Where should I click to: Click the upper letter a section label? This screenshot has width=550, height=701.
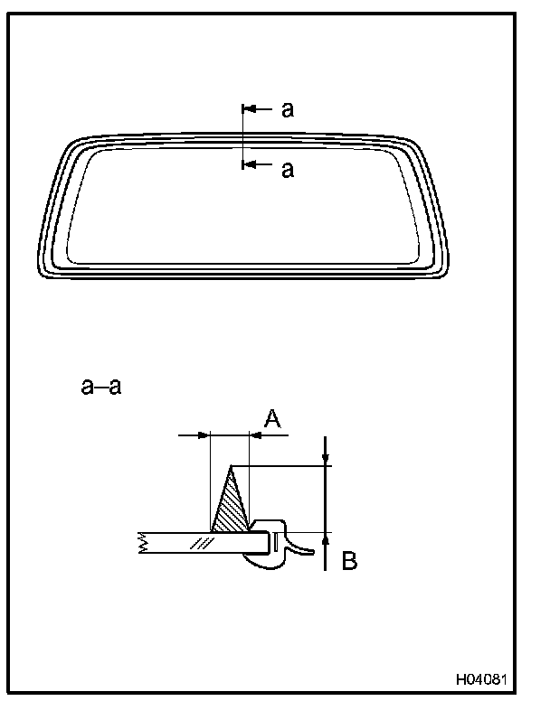click(288, 110)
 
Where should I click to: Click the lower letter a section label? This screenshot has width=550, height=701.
click(288, 171)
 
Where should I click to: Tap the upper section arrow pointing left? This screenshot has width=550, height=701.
click(257, 108)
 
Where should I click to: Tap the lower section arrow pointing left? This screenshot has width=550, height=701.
click(257, 165)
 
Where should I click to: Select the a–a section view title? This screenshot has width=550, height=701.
click(101, 386)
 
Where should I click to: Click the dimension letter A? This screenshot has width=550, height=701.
click(272, 419)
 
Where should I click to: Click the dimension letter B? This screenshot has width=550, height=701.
click(349, 561)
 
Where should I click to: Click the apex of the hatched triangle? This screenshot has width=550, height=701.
click(231, 466)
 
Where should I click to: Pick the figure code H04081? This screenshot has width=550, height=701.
click(481, 680)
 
